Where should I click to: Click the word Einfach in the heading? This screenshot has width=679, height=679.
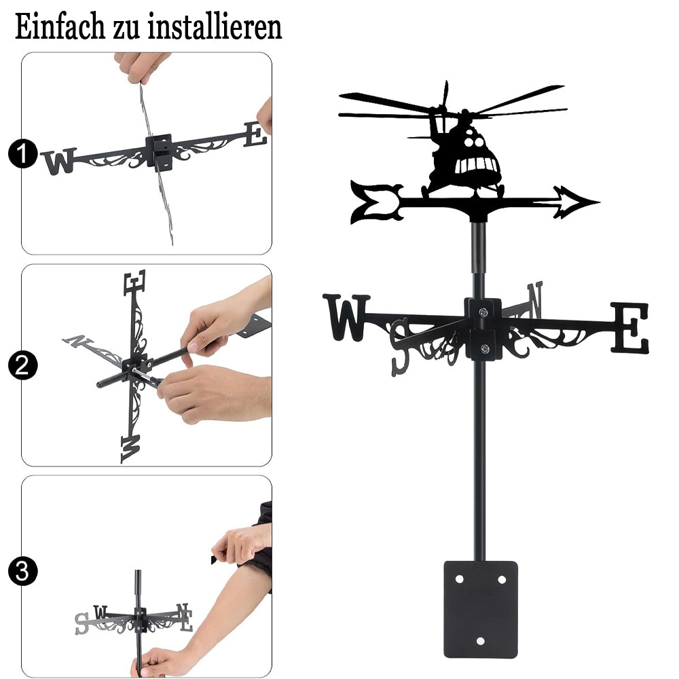point(60,27)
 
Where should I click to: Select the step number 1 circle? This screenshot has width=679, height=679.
point(22,153)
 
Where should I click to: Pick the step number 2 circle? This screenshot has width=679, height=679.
point(22,365)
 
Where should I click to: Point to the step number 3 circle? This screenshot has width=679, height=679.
point(22,571)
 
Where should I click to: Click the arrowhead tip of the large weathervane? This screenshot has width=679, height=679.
point(600,202)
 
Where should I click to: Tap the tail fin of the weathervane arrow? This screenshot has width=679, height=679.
point(376,202)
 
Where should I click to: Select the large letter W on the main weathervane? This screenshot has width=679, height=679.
point(346,317)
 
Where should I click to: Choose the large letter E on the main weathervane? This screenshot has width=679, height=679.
point(630,328)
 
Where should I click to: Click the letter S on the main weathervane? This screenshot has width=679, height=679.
point(401,347)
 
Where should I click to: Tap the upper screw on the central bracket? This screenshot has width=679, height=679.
point(483,312)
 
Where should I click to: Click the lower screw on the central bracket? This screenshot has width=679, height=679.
point(485,348)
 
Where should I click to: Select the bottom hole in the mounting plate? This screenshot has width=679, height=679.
point(480,641)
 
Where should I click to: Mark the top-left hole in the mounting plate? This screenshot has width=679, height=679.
point(459,579)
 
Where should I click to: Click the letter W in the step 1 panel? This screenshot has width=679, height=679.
point(59,162)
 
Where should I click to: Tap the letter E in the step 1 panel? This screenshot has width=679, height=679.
point(255,134)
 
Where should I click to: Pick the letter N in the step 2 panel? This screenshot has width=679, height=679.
point(77,341)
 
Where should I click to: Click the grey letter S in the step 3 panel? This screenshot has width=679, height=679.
point(82,623)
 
